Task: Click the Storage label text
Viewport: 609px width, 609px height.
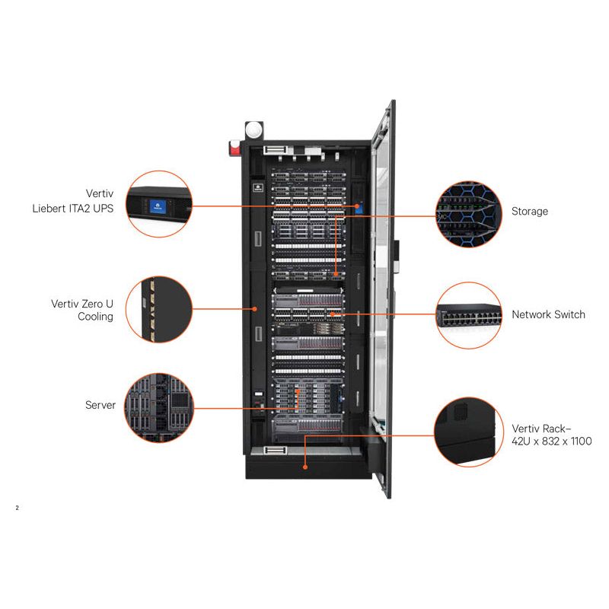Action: tap(529, 211)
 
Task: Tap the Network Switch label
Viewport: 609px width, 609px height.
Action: tap(548, 314)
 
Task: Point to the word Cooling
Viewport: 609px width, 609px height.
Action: tap(95, 317)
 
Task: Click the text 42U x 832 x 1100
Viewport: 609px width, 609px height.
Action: tap(552, 441)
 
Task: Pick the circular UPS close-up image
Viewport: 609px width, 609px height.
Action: tap(159, 202)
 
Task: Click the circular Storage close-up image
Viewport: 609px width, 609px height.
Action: tap(467, 212)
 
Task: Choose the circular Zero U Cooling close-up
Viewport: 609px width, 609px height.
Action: tap(158, 308)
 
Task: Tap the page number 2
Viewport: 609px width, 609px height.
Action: tap(17, 507)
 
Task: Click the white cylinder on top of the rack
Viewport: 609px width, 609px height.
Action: tap(252, 129)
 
